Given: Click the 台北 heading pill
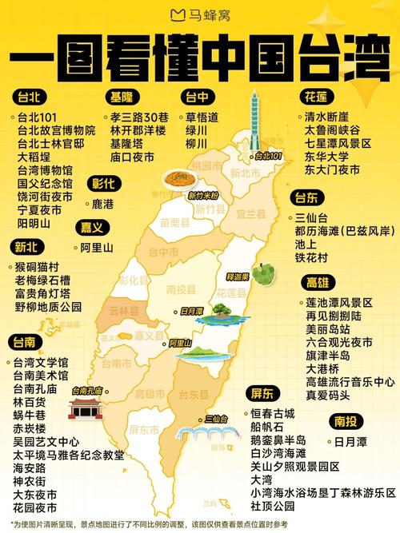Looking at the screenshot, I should coord(28,97).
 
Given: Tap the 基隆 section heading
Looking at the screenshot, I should coord(122,97).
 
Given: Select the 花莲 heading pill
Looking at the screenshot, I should coord(314,97).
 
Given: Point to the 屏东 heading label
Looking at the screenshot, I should coord(262,393).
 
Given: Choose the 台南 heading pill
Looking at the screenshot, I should coord(23,343).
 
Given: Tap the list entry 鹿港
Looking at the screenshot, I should coord(103,205).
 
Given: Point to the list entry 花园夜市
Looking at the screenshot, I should coord(34,507).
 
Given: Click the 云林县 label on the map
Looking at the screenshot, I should coord(123,310).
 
